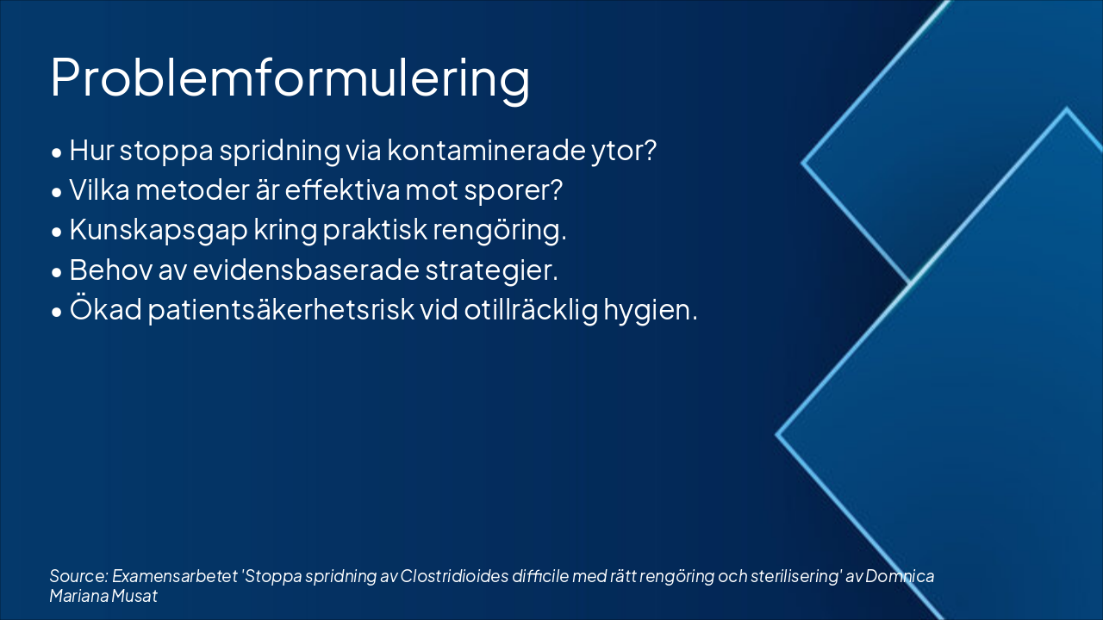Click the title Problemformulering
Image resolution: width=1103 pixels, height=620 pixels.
point(290,79)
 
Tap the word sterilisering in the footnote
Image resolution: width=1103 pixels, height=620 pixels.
point(793,576)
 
